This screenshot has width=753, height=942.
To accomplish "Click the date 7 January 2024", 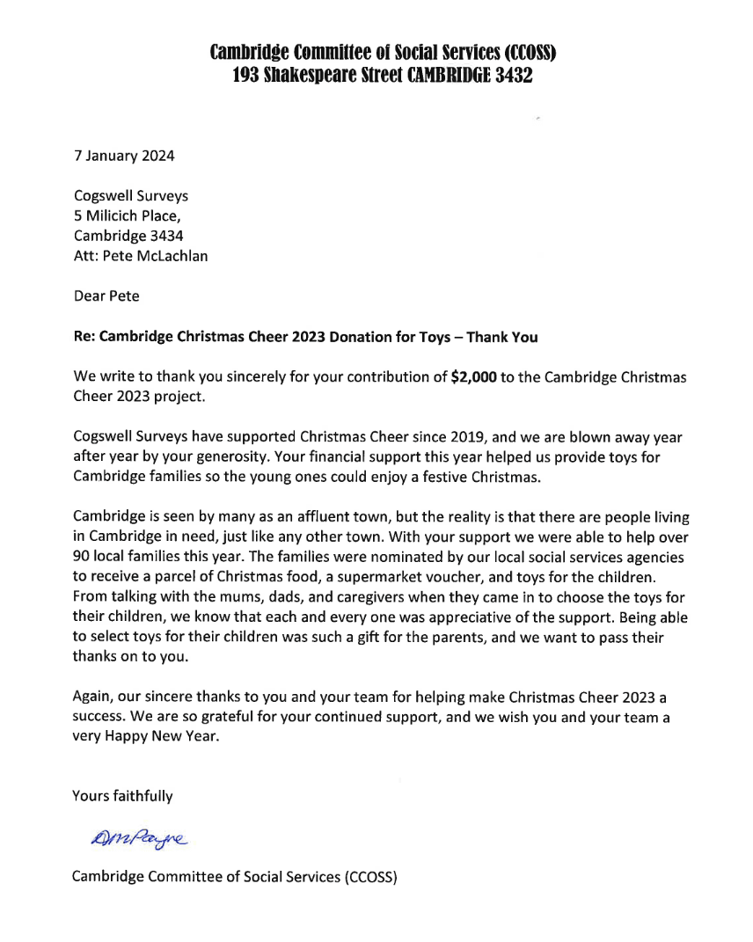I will tap(123, 157).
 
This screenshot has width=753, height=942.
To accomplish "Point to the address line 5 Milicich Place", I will tap(128, 216).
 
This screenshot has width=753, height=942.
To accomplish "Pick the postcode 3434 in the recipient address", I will tap(165, 236).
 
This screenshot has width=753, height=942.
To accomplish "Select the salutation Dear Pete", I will tap(106, 296).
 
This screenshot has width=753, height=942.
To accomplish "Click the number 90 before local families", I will tap(82, 558).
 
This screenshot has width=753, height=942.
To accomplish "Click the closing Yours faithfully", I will tap(122, 797).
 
